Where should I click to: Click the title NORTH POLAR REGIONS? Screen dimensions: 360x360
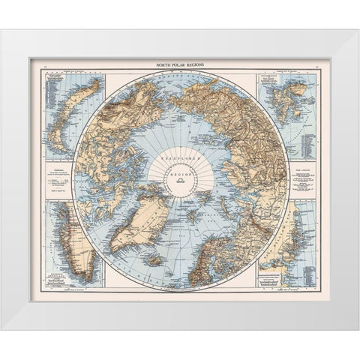pos(179,67)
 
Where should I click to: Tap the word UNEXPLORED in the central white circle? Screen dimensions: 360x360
pos(180,160)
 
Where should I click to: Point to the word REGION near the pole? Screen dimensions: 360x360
pos(180,172)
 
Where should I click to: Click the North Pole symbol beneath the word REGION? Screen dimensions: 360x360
pos(180,179)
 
